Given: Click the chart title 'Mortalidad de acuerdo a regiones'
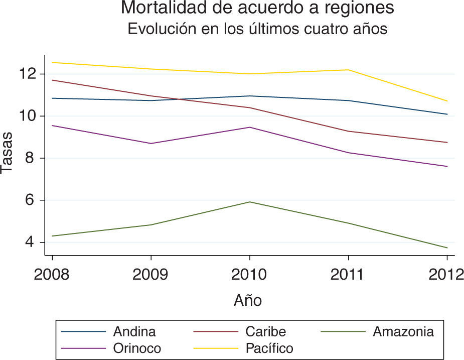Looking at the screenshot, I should click(257, 9).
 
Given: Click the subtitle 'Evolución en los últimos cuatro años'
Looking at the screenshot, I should click(257, 29).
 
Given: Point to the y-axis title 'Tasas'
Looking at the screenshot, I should click(7, 156).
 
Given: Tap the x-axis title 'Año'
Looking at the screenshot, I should click(248, 301).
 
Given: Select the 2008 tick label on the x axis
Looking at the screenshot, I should click(52, 275).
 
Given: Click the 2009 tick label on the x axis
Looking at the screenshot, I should click(151, 275).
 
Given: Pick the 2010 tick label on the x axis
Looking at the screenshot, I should click(250, 275).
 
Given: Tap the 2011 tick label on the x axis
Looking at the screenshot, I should click(349, 275).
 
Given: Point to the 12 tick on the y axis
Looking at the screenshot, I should click(30, 74).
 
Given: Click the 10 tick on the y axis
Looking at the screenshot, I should click(30, 116).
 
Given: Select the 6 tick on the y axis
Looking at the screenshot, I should click(34, 200).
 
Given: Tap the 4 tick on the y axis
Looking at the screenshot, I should click(34, 243).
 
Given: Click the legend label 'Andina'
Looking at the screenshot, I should click(134, 332).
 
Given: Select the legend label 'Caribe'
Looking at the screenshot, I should click(265, 332).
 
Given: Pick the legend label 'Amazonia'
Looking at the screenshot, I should click(403, 332).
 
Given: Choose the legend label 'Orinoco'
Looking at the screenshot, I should click(137, 348).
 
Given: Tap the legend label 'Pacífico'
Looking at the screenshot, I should click(269, 348).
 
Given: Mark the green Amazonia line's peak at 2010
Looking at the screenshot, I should click(250, 202).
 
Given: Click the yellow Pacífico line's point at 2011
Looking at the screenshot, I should click(349, 70).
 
